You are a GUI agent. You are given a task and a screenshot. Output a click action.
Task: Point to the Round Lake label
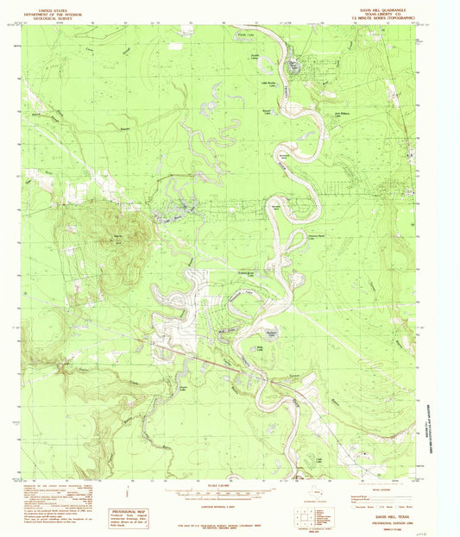(268, 110)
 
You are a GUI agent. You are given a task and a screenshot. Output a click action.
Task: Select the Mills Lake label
(260, 348)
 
